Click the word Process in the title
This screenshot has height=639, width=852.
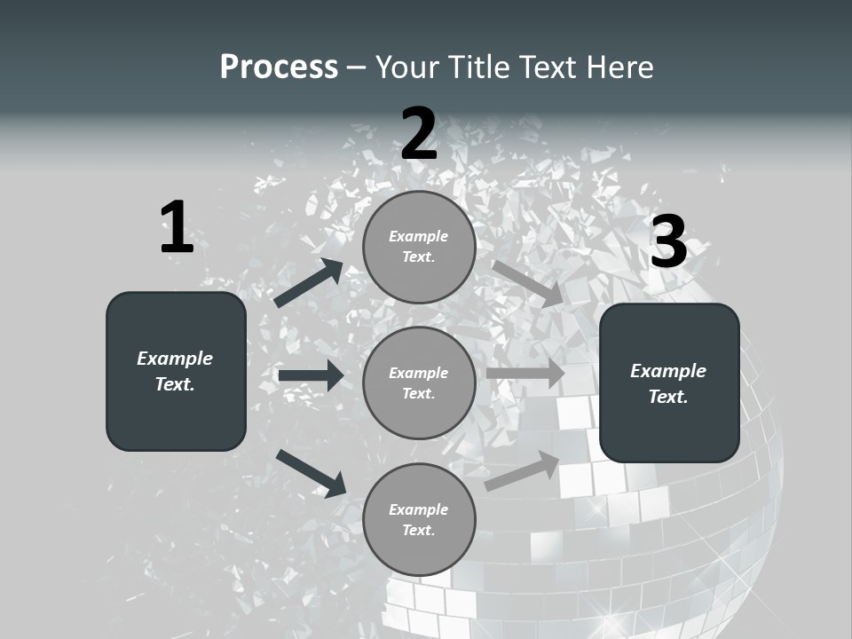pyautogui.click(x=279, y=67)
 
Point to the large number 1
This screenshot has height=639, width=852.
pyautogui.click(x=177, y=228)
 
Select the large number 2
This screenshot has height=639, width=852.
pyautogui.click(x=419, y=134)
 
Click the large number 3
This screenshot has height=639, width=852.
pyautogui.click(x=668, y=241)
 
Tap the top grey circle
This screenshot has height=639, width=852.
pyautogui.click(x=419, y=247)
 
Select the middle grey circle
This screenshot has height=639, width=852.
pyautogui.click(x=419, y=383)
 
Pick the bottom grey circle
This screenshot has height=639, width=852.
pyautogui.click(x=419, y=519)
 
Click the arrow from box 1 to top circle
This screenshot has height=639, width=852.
pyautogui.click(x=309, y=283)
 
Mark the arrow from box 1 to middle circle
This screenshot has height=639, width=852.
pyautogui.click(x=311, y=375)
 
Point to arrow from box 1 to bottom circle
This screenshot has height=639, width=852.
pyautogui.click(x=311, y=472)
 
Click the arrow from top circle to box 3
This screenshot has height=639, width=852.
pyautogui.click(x=527, y=283)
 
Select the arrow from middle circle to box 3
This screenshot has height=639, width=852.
pyautogui.click(x=525, y=374)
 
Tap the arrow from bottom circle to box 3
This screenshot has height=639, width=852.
pyautogui.click(x=523, y=470)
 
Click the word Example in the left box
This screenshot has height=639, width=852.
pyautogui.click(x=175, y=359)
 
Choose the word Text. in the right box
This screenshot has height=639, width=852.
pyautogui.click(x=668, y=397)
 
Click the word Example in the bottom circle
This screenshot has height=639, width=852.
pyautogui.click(x=418, y=509)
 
